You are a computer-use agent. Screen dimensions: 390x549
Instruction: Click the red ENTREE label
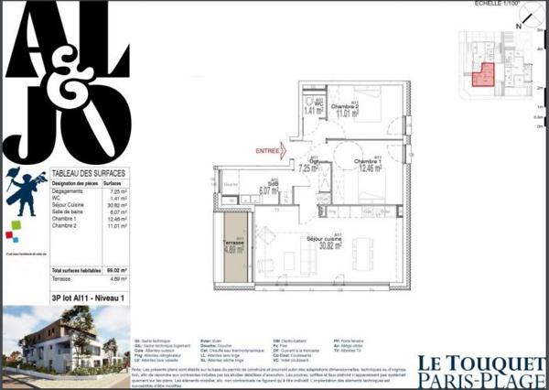(x=266, y=150)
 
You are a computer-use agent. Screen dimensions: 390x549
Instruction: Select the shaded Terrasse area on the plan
(x=234, y=246)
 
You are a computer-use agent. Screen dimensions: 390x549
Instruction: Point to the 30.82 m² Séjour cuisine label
(x=329, y=244)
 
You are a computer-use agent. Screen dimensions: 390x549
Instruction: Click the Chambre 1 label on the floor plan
(x=369, y=166)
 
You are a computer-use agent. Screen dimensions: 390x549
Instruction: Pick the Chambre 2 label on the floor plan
(x=344, y=112)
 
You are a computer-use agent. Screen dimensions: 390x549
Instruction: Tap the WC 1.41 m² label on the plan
(x=310, y=109)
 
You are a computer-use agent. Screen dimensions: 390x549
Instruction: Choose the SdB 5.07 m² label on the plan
(x=268, y=189)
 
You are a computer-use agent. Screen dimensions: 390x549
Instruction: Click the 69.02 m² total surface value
(x=116, y=271)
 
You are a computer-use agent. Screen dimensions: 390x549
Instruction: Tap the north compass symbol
(x=518, y=26)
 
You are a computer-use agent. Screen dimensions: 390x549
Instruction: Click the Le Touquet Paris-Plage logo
(x=480, y=370)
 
